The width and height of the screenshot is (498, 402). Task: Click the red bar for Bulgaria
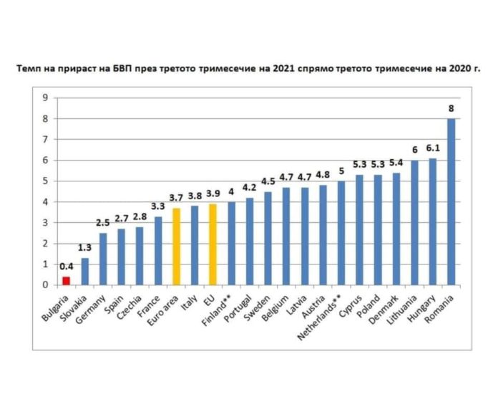(67, 280)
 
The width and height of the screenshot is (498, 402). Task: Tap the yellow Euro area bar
(177, 246)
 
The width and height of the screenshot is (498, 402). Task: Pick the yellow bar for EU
(213, 244)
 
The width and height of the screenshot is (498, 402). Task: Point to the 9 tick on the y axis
(45, 97)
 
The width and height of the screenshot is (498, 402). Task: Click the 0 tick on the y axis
(45, 284)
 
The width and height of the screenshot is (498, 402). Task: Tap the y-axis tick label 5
(45, 181)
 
